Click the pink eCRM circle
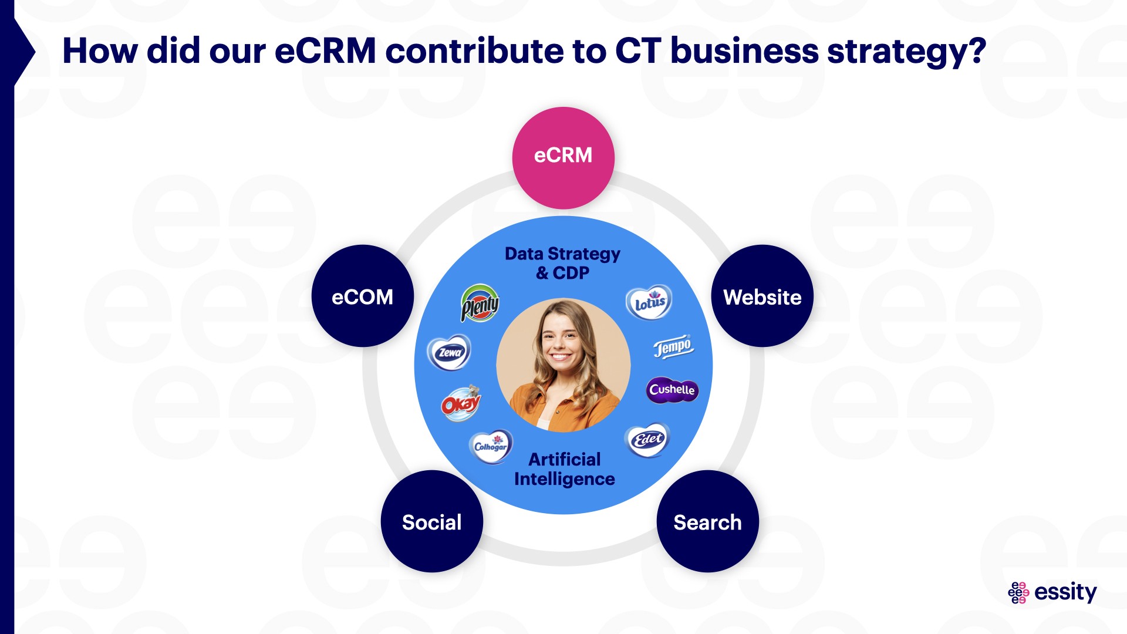point(563,157)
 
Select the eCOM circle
point(362,296)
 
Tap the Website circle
point(762,296)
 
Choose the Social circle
point(431,521)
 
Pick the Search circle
point(707,521)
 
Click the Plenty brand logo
point(480,303)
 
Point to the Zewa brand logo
point(450,352)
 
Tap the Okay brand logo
point(461,403)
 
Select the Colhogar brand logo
point(491,446)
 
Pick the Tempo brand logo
point(674,346)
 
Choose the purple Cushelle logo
point(672,390)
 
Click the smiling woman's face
point(561,343)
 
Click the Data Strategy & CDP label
point(562,263)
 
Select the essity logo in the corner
point(1052,592)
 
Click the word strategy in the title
point(907,52)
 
